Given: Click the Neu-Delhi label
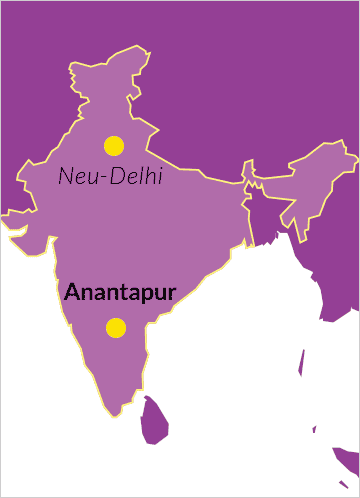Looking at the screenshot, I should [x=110, y=177].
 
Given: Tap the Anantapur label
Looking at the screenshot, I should [x=120, y=293].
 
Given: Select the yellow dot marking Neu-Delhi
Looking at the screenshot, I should [x=114, y=146].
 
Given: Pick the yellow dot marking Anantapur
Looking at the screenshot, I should [x=116, y=327].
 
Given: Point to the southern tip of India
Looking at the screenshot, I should [x=122, y=411].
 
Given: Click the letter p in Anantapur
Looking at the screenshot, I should [x=140, y=296].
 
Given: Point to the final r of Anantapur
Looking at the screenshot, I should [x=172, y=294].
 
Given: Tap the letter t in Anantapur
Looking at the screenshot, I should [x=116, y=293].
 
